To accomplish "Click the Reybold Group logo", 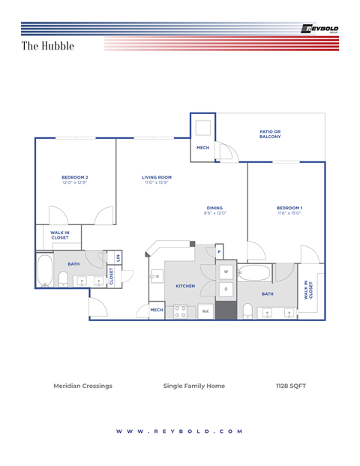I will (x=319, y=29).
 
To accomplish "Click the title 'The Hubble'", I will (x=47, y=46).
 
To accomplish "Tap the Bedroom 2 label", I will (x=75, y=179).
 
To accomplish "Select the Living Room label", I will (x=157, y=179).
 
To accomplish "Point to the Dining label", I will (x=214, y=210).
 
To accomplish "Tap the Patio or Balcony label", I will (x=270, y=134).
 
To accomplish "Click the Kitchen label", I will (x=185, y=286).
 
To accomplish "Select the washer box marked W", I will (x=226, y=272).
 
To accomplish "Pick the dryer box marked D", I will (x=226, y=289).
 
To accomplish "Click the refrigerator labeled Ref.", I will (x=205, y=311).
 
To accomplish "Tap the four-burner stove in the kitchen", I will (x=180, y=311).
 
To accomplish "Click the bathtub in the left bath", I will (x=44, y=271).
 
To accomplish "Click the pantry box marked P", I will (x=219, y=251).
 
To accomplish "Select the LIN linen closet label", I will (x=118, y=257).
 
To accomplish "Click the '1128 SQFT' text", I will (x=291, y=386).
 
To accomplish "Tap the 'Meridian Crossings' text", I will (x=82, y=386).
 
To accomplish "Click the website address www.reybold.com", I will (x=180, y=431).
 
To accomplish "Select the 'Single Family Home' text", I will (x=193, y=386).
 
